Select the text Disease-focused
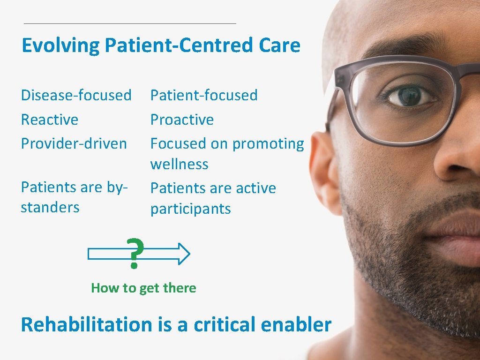pos(76,95)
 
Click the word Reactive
pos(49,120)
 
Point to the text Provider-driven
pos(74,143)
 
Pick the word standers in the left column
pos(50,207)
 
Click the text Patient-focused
pos(203,95)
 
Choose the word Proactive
pos(182,120)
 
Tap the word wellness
pos(179,165)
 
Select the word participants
pos(190,209)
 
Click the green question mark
pos(135,253)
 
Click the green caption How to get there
pos(143,288)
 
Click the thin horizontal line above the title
pos(130,23)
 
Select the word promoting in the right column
pos(268,144)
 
